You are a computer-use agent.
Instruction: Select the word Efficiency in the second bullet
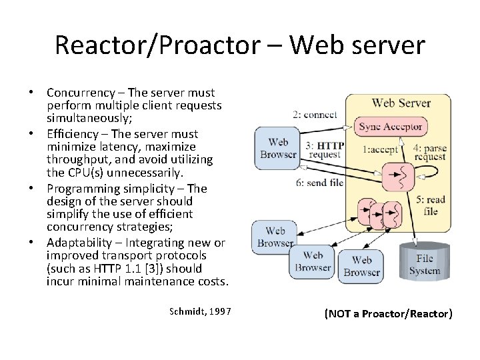click(72, 134)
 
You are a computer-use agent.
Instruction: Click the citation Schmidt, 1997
click(200, 311)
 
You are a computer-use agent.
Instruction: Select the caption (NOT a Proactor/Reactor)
click(388, 313)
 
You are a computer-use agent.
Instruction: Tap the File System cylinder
click(425, 264)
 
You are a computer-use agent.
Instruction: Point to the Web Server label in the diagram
click(401, 103)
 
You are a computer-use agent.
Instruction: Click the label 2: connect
click(315, 115)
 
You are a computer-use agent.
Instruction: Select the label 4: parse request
click(430, 152)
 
